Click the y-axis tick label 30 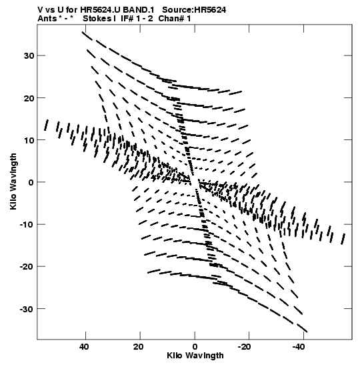pos(29,55)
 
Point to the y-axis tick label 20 pos(29,98)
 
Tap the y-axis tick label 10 pos(29,140)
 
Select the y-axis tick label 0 pos(31,182)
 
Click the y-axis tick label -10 pos(27,225)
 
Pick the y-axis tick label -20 pos(27,267)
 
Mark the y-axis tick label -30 pos(27,309)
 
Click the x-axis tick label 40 pos(84,347)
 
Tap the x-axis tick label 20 pos(139,347)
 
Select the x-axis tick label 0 pos(195,347)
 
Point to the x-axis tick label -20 pos(245,347)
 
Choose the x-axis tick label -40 pos(299,347)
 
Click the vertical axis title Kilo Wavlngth pos(13,181)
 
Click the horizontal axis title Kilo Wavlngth pos(195,356)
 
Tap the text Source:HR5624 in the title pos(194,10)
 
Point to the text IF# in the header pos(127,19)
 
